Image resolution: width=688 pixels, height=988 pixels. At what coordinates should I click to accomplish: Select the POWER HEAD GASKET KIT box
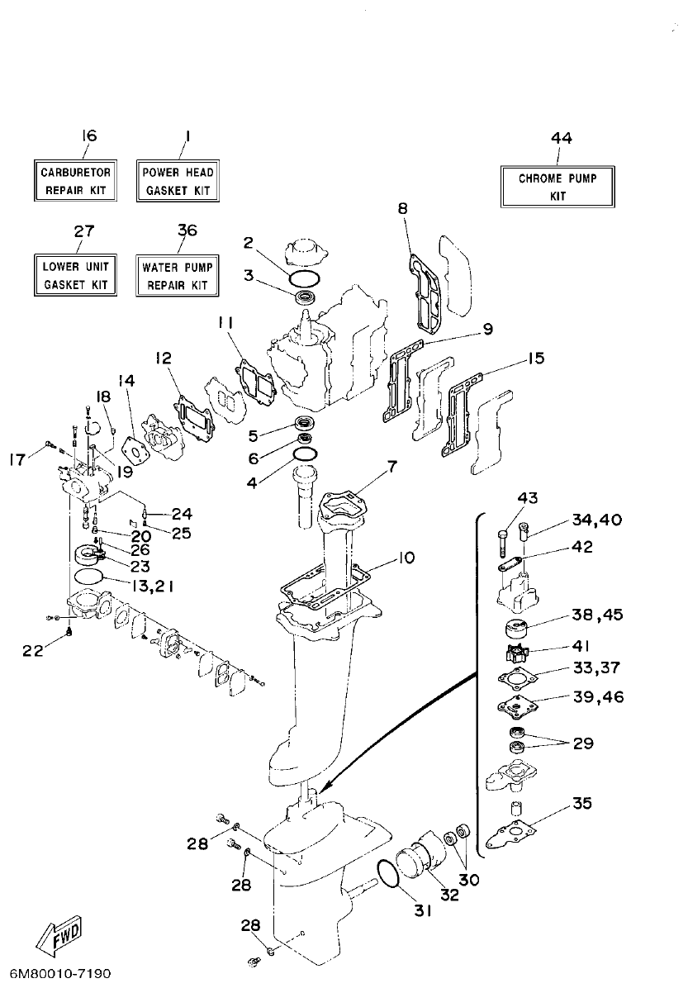pos(178,181)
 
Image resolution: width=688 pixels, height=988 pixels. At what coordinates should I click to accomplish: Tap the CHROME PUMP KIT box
pos(558,187)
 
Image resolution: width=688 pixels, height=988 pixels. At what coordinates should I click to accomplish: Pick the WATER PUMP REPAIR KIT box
pos(177,276)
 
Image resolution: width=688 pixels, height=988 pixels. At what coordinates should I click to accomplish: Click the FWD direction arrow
pos(56,936)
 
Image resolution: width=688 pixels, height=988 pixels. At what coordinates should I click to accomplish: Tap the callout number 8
pos(403,209)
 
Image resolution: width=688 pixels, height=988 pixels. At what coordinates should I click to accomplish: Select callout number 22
pos(32,651)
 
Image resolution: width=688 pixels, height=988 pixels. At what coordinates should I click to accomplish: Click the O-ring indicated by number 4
pos(304,456)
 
